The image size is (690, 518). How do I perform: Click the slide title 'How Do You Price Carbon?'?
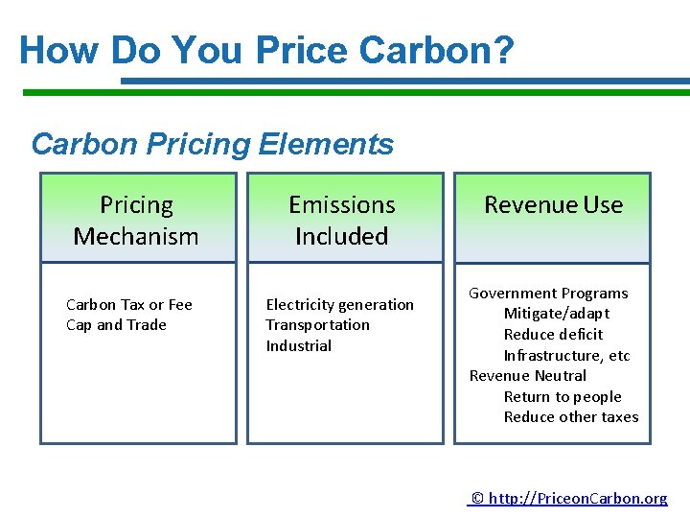[266, 50]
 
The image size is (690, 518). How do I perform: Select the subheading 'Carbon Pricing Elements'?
[212, 144]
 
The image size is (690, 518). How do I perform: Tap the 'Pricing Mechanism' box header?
[136, 220]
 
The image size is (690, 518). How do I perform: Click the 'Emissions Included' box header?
[342, 220]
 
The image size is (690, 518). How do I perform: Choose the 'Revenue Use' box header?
[553, 205]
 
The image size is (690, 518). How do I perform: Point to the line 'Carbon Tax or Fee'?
[128, 305]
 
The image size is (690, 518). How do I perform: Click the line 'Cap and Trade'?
[116, 325]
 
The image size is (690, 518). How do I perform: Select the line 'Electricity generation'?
[339, 305]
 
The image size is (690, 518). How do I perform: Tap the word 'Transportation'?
[317, 325]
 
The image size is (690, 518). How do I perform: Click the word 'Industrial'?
[298, 346]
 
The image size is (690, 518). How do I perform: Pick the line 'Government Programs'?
[548, 294]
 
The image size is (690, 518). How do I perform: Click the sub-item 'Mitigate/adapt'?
[556, 314]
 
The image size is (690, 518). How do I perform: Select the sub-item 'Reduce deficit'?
[553, 335]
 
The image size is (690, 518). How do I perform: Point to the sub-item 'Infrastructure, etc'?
[566, 356]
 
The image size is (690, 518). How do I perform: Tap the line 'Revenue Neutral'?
[527, 376]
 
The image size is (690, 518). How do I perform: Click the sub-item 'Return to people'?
[563, 397]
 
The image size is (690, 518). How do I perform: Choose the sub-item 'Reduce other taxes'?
[570, 417]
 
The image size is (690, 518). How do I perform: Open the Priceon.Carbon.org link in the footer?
[570, 498]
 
